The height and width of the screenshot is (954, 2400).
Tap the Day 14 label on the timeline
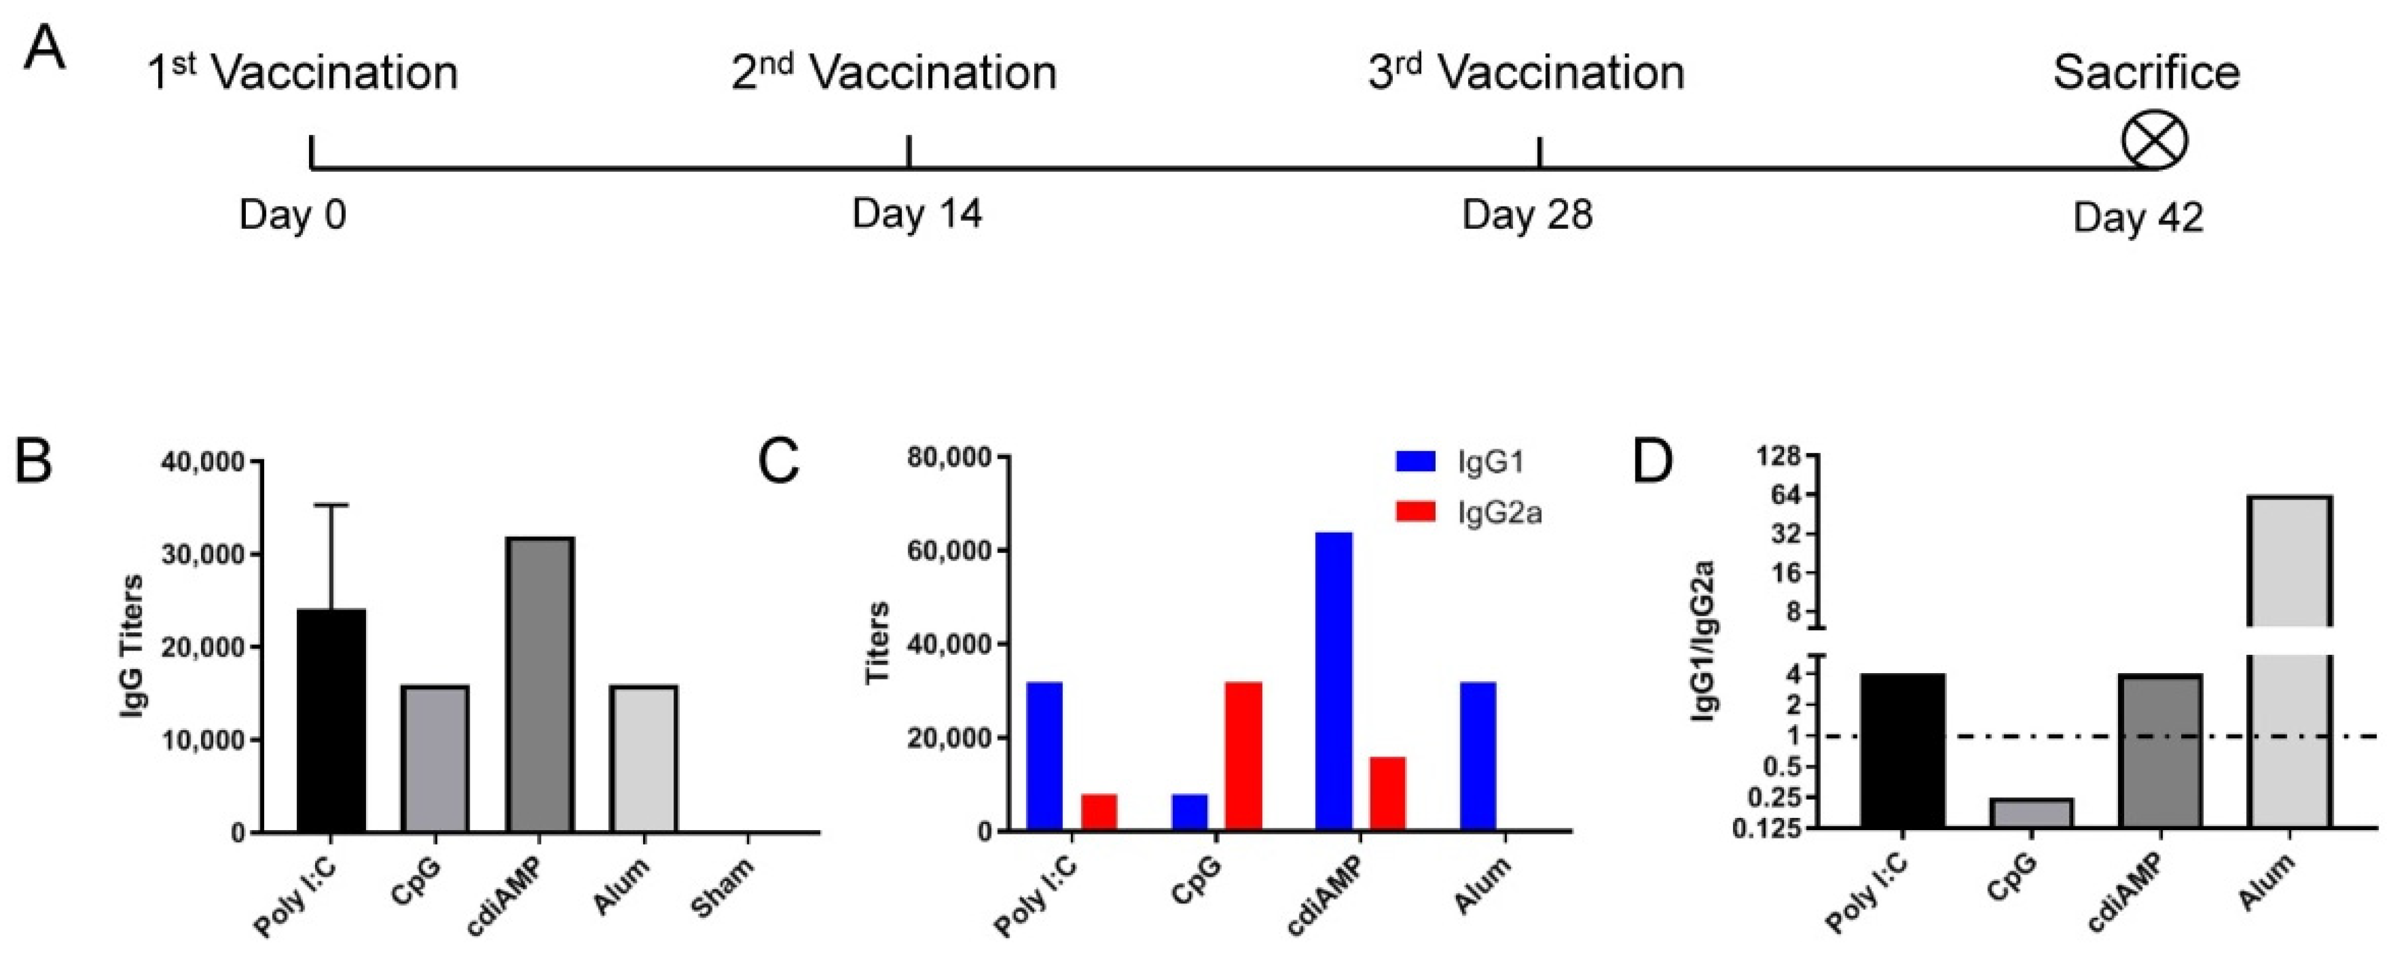click(916, 214)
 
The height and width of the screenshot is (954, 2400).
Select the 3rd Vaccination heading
click(1526, 74)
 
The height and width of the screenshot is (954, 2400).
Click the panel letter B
click(34, 462)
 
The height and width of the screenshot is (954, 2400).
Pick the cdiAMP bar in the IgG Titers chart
click(540, 685)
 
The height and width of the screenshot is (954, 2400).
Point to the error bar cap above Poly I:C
click(332, 505)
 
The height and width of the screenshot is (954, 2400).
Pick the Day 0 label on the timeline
click(292, 215)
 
